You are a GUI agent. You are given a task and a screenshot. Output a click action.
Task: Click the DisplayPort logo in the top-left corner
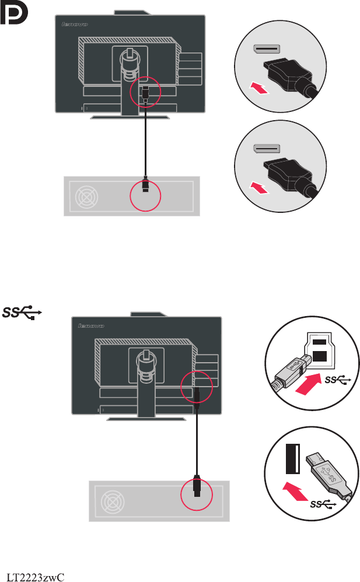tap(13, 15)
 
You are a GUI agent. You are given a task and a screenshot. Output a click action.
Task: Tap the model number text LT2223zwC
tap(34, 577)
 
